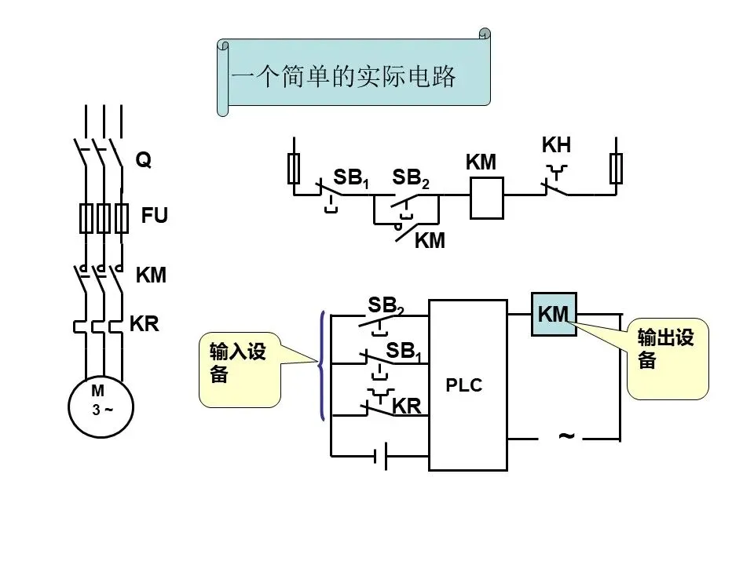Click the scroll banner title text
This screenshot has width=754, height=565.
(343, 76)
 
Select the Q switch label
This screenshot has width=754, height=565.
(143, 159)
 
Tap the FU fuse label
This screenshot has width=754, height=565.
(155, 215)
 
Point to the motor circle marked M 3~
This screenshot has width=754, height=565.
(101, 406)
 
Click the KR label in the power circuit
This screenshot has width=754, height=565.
(145, 324)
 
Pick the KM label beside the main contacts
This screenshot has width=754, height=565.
(151, 275)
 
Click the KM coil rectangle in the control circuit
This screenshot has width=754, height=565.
(487, 198)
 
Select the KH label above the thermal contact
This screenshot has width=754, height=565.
(556, 144)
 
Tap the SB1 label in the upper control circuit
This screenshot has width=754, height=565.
(351, 178)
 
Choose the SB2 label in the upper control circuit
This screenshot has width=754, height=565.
(410, 178)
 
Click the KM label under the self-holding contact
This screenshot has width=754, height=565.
(430, 240)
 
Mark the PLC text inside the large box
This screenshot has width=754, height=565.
(463, 385)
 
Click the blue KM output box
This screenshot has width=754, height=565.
(554, 314)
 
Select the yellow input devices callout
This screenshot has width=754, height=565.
(240, 370)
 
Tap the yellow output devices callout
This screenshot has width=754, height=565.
(668, 358)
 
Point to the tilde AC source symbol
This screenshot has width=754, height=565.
(566, 436)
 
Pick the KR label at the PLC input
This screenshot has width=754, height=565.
(407, 406)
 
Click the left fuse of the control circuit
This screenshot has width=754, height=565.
(294, 169)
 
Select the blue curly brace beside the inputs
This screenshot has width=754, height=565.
(320, 365)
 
